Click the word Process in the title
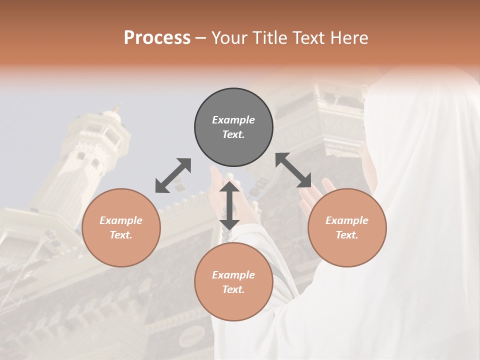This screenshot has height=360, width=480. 157,38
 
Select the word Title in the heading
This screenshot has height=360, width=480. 271,38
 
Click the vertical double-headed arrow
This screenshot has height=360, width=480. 229,205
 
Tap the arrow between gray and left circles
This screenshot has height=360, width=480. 173,175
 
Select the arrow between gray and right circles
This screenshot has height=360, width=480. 293,170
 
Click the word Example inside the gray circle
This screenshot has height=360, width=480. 233,120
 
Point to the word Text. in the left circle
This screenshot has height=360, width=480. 121,235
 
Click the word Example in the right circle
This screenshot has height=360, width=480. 347,220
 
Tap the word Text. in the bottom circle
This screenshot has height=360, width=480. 233,289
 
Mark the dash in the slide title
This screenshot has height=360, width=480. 201,38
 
